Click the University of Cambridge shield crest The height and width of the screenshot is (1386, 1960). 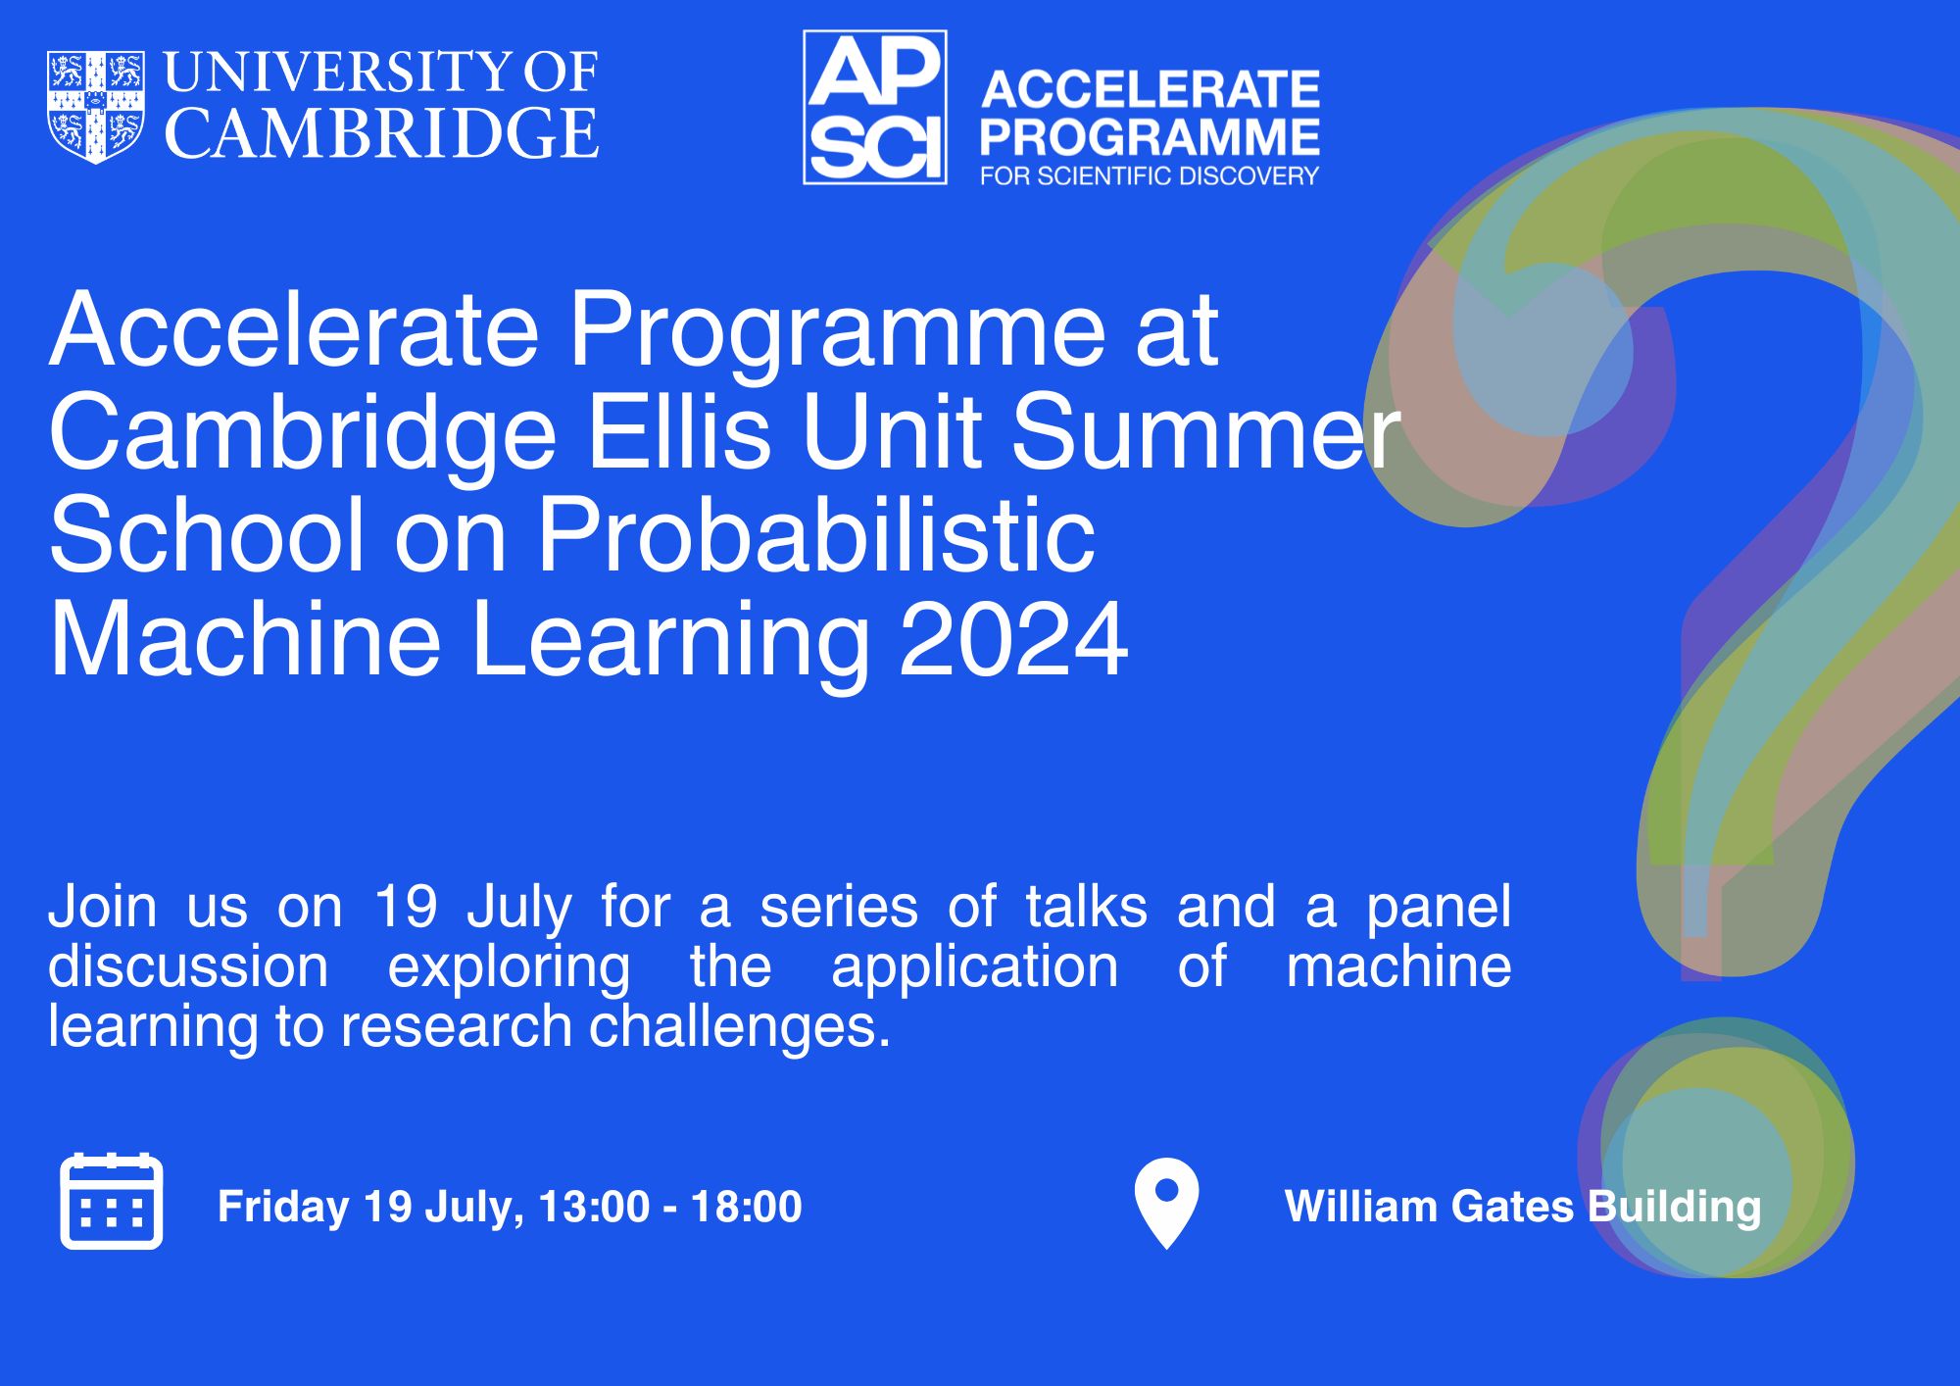click(96, 107)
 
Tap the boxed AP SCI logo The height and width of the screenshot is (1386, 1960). click(875, 107)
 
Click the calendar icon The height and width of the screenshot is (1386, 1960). click(112, 1201)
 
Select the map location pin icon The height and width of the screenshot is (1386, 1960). click(1166, 1204)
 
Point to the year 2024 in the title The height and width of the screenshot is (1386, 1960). click(1013, 639)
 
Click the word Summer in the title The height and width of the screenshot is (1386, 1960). click(1205, 432)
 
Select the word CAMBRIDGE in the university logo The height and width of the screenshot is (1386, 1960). click(381, 133)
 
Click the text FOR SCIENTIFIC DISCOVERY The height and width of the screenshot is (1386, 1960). click(1150, 176)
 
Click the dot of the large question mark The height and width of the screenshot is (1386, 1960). click(1716, 1148)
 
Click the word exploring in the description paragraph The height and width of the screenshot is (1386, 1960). click(510, 968)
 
